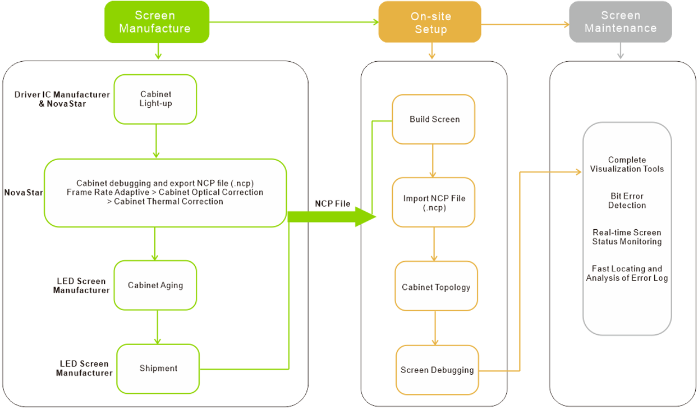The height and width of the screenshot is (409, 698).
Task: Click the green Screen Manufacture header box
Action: (157, 22)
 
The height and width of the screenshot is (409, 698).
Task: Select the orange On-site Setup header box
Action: (430, 22)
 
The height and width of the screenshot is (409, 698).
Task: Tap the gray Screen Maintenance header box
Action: (621, 21)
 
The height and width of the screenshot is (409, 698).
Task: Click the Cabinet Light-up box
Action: (155, 99)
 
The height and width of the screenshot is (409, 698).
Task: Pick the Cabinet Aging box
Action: (155, 285)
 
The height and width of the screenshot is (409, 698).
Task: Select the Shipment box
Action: (158, 369)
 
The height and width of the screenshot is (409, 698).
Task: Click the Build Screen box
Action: (434, 119)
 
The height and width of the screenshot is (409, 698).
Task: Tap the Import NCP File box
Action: (434, 202)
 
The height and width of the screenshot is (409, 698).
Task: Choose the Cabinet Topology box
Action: (437, 286)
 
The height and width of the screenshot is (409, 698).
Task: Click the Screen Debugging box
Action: (437, 370)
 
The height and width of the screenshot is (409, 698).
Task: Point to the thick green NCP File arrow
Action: (332, 216)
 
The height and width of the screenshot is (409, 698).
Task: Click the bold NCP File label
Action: (333, 204)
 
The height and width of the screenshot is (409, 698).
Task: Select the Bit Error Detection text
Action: (627, 201)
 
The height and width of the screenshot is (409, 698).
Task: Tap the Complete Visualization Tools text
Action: (627, 165)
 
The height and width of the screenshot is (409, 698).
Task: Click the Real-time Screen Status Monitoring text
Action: (627, 237)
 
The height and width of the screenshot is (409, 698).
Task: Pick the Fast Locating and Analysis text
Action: (627, 273)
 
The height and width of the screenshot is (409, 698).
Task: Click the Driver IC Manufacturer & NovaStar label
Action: (62, 99)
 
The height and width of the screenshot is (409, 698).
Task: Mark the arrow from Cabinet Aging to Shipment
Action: (157, 328)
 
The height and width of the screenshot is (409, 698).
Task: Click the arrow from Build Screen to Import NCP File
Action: (433, 161)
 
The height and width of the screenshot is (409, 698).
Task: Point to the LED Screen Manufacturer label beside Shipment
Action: (84, 369)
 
